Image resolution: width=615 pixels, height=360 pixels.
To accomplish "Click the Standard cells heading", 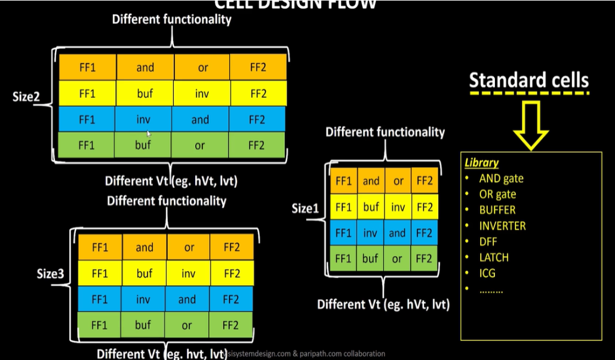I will (x=528, y=81).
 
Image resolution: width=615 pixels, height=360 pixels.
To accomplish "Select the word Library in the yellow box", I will (x=481, y=162).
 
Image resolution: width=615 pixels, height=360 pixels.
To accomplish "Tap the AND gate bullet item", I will (x=501, y=178).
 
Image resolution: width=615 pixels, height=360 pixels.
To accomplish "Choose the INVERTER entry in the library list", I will (x=502, y=226).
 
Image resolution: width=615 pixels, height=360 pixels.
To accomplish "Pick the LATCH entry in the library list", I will (x=494, y=258).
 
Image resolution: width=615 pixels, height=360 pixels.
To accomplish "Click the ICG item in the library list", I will (x=487, y=273).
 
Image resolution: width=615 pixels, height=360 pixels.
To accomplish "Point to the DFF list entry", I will (x=488, y=242).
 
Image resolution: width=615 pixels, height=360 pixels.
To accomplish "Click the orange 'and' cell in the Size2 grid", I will (x=145, y=67).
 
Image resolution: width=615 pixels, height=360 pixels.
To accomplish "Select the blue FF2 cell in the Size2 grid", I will (x=257, y=120).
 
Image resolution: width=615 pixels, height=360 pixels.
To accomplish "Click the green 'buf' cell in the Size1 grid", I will (x=371, y=259).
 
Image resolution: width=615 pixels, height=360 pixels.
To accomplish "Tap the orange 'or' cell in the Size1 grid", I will (x=398, y=181).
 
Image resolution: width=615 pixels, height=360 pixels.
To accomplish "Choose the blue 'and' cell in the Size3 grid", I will (x=187, y=300).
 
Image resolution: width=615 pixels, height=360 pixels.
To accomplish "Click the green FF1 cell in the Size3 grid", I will (x=100, y=325).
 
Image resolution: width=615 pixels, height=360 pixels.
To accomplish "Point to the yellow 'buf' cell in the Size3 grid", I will (x=143, y=273).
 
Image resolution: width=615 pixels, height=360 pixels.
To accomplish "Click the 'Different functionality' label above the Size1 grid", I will (x=385, y=132).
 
